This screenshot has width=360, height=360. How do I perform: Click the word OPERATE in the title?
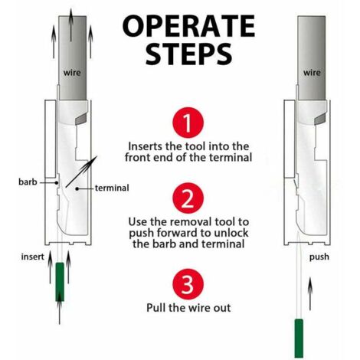click(188, 26)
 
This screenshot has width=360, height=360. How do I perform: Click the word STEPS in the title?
click(188, 54)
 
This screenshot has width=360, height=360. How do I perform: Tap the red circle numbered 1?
click(188, 123)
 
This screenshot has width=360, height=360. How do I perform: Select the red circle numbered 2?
click(188, 198)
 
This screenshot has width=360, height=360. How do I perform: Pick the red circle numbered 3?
click(188, 284)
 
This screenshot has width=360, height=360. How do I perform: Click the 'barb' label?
click(28, 182)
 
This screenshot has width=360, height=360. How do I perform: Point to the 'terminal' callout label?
click(112, 188)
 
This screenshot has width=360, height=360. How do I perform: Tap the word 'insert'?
click(32, 257)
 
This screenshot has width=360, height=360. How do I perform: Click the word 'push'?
click(319, 257)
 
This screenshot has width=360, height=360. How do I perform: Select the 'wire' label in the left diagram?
click(72, 73)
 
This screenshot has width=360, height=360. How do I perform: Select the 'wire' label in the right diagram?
click(312, 73)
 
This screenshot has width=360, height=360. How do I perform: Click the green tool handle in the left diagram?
click(60, 282)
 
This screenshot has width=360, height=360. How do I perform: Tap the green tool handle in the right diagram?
click(299, 338)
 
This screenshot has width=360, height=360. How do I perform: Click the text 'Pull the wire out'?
click(188, 308)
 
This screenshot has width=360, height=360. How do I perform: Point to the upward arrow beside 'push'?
click(310, 293)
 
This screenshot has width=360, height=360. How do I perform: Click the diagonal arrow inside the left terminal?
click(81, 172)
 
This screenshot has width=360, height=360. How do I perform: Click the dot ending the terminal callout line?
click(77, 188)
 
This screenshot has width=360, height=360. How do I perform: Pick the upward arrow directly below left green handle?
click(60, 308)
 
